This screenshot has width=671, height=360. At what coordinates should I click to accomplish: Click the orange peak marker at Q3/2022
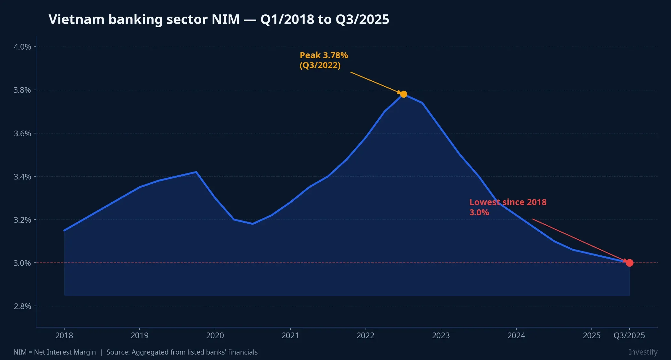coord(404,94)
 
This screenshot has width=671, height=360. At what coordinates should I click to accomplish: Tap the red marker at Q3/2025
coord(629,263)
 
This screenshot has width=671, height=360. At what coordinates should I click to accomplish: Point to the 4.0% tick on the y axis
coord(22,47)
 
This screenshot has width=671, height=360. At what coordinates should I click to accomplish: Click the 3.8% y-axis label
coord(22,90)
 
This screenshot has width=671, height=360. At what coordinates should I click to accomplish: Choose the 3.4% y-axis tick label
coord(22,177)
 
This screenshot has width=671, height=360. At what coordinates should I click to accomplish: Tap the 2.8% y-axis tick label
coord(22,306)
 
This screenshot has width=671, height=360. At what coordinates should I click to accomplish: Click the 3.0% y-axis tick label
coord(22,263)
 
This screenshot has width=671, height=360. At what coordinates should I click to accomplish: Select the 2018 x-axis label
coord(64,335)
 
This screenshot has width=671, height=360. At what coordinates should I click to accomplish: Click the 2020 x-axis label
coord(215,335)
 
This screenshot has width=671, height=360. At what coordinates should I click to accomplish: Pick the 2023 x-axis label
coord(441,335)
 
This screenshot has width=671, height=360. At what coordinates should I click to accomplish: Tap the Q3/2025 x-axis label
coord(629,335)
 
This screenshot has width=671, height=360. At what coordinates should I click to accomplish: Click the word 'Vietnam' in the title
coord(76,20)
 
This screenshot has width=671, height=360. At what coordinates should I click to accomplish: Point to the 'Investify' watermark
coord(643,352)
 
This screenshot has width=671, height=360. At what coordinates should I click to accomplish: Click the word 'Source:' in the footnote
coord(118,352)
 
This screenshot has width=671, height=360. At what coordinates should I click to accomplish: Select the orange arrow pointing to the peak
coord(375,83)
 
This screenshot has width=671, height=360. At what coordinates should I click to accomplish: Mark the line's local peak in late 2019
coord(196,172)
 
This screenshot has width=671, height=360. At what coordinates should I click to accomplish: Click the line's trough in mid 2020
coord(252,224)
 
